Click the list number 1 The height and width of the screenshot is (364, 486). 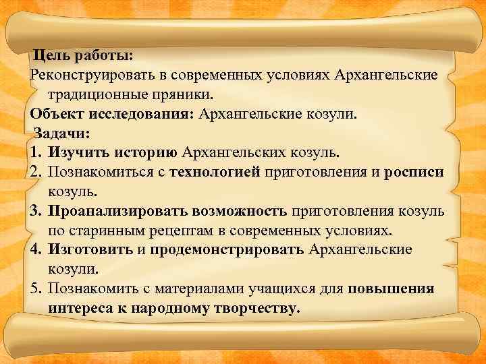(36, 152)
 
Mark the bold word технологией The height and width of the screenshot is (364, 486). (215, 171)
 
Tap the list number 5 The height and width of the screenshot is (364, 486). (36, 289)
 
